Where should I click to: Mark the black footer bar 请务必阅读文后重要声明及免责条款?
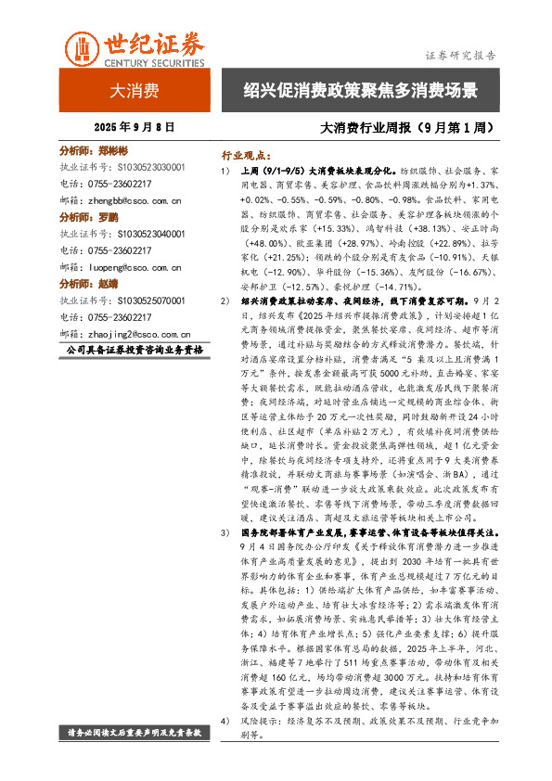(x=135, y=733)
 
